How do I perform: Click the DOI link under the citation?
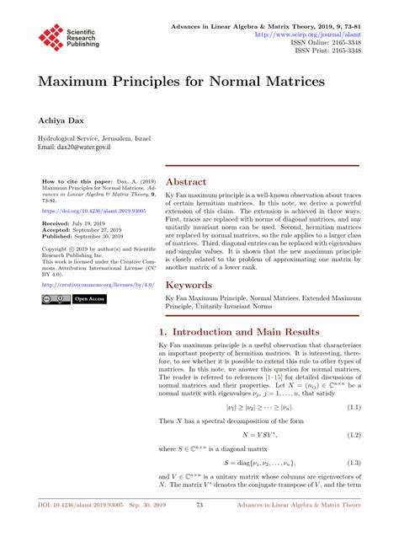coord(82,210)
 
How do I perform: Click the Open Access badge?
coord(89,298)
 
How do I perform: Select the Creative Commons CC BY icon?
coord(54,298)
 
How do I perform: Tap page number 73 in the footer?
coord(199,528)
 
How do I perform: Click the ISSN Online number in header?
coord(338,43)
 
